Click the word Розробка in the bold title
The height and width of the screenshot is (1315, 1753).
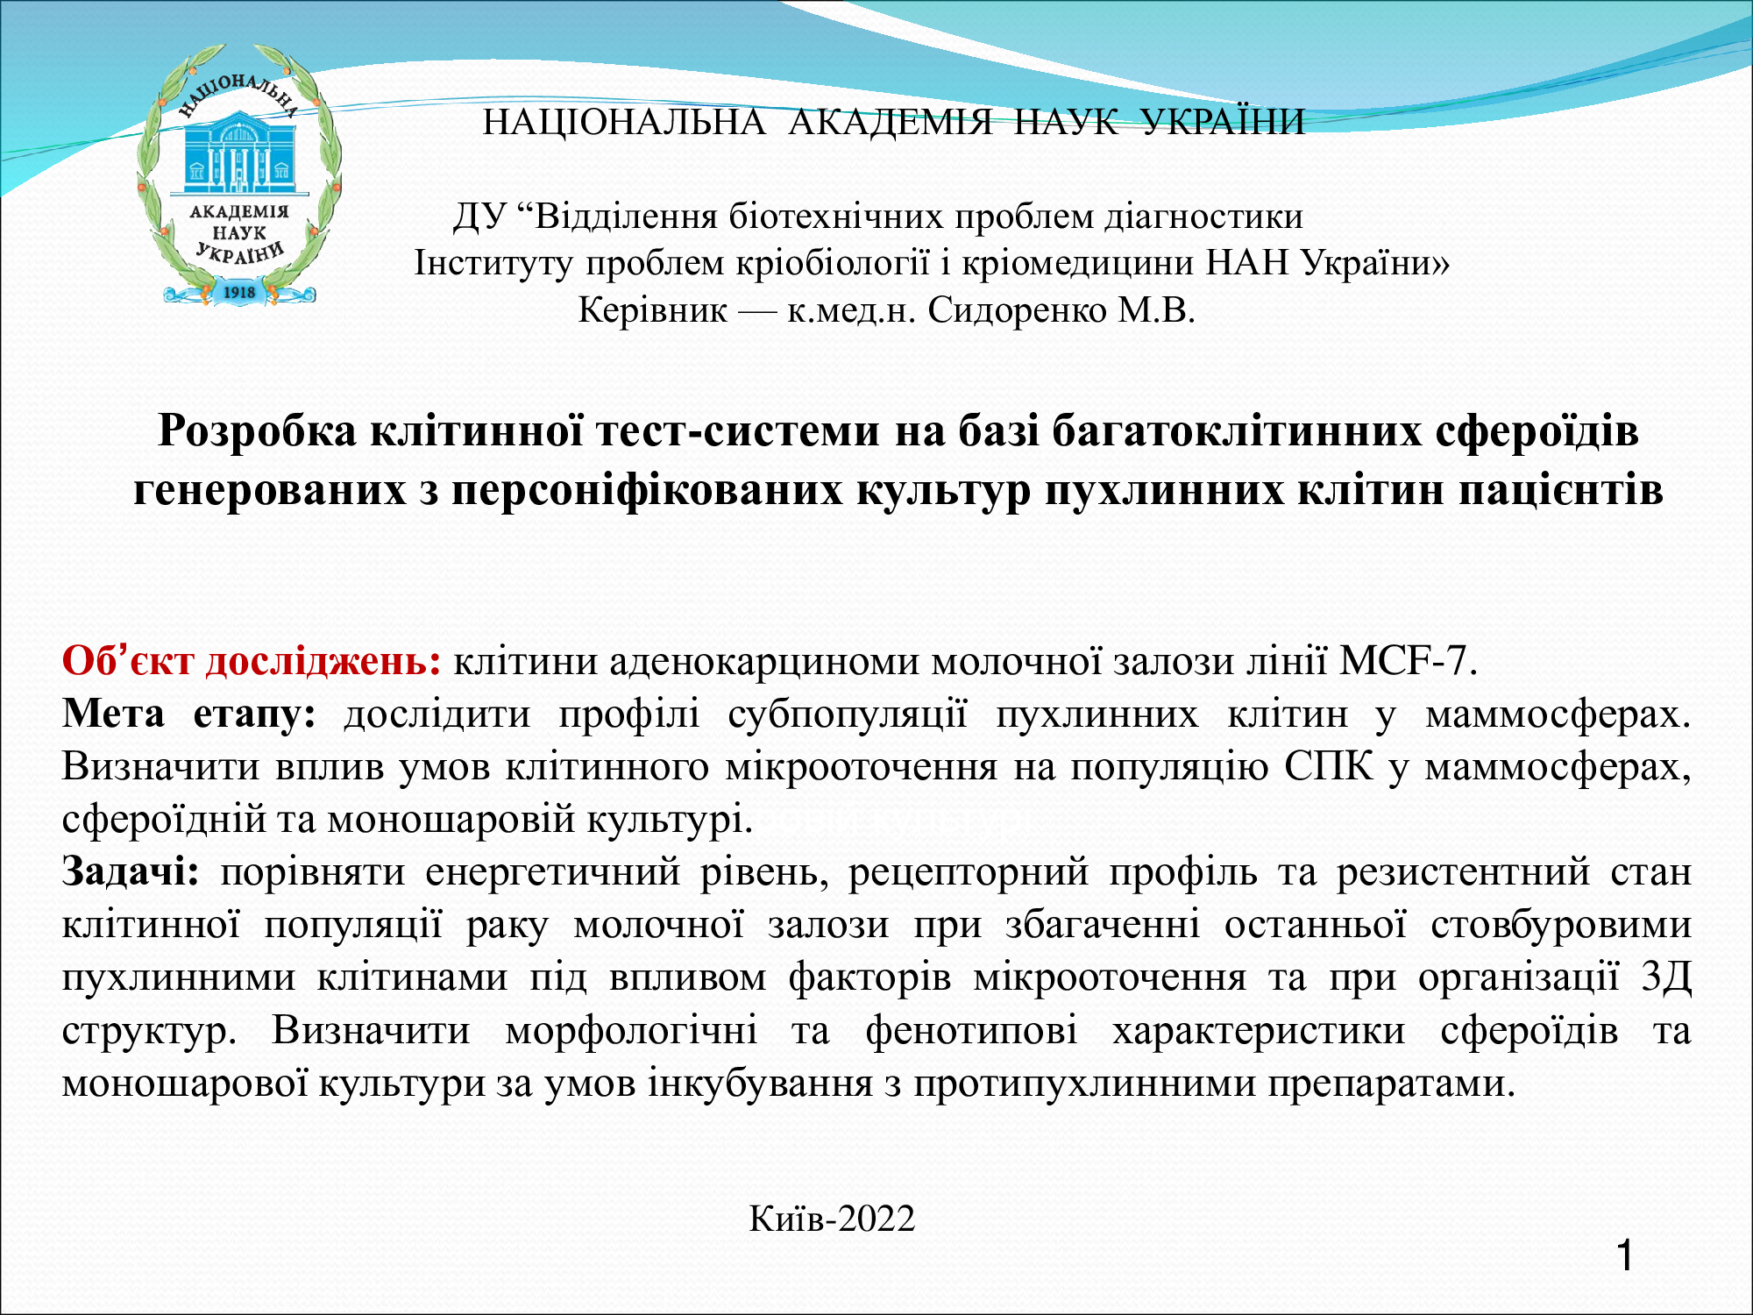[x=258, y=431]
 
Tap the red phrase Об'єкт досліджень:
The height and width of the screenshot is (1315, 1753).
[x=252, y=661]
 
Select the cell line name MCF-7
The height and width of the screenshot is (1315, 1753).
[x=1408, y=661]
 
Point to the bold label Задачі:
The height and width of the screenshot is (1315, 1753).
[x=131, y=873]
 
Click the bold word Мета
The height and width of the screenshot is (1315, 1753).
[x=114, y=714]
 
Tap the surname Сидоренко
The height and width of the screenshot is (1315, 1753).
[x=1017, y=310]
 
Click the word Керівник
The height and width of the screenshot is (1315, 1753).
[x=653, y=310]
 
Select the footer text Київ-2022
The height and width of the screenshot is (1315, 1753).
[x=832, y=1219]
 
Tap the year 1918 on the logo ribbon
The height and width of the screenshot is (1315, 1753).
[x=239, y=292]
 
